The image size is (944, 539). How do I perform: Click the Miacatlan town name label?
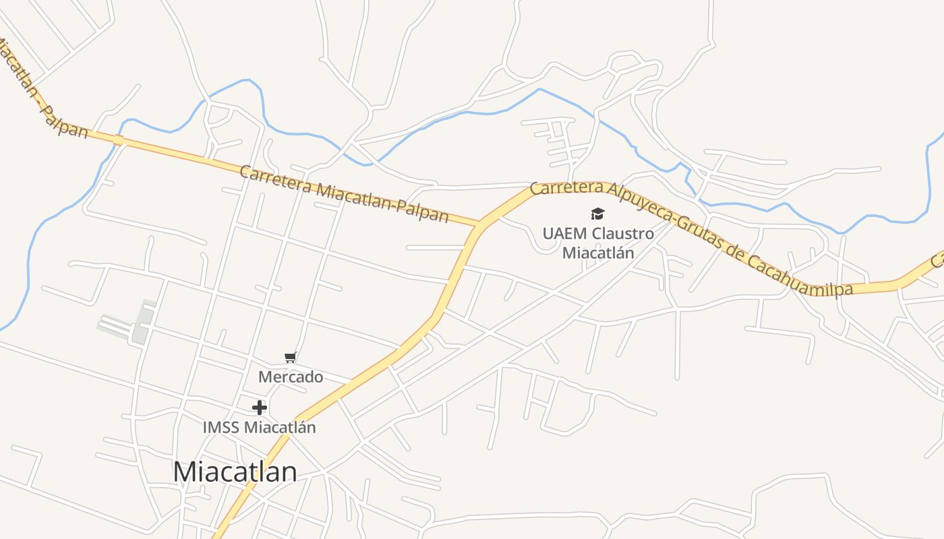click(x=235, y=472)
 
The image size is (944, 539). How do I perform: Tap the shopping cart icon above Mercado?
click(x=290, y=357)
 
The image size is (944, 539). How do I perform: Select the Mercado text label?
click(x=291, y=377)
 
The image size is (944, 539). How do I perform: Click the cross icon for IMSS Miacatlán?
click(x=260, y=408)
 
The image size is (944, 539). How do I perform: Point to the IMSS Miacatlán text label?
click(x=259, y=427)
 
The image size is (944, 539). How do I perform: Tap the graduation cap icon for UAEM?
click(x=597, y=214)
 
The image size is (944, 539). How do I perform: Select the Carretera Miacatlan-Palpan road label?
click(x=344, y=194)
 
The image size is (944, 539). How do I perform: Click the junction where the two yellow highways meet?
click(x=481, y=223)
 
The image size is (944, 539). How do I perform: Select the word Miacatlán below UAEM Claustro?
click(x=598, y=253)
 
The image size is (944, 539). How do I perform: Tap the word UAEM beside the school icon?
click(x=560, y=234)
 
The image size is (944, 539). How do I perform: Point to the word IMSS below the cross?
click(x=221, y=427)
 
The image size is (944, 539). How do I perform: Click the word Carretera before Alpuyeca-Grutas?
click(x=565, y=187)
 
